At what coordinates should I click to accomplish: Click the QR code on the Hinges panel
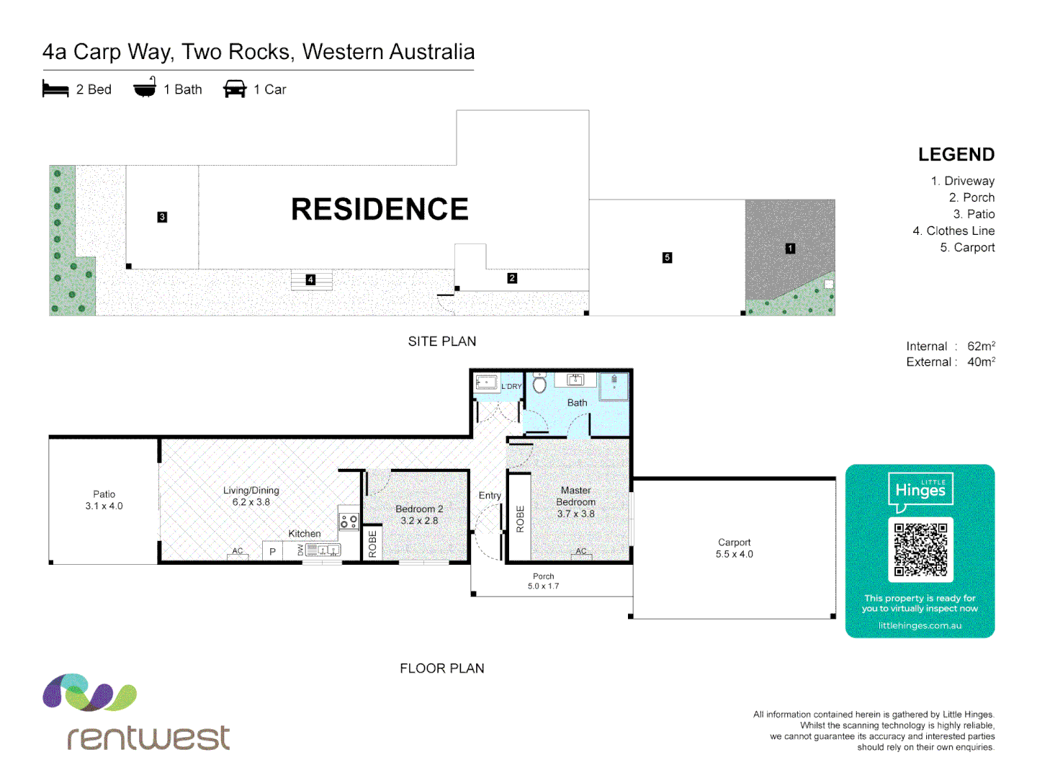click(x=920, y=550)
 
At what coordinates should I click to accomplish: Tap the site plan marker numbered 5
click(x=667, y=257)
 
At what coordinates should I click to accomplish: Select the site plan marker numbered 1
click(x=790, y=249)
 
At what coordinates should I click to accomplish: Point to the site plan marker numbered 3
click(x=162, y=217)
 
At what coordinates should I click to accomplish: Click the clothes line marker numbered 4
click(x=310, y=280)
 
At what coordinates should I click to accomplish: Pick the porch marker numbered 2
click(x=512, y=278)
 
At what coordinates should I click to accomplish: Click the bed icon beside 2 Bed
click(x=55, y=89)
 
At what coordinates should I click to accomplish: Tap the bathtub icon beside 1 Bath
click(x=145, y=88)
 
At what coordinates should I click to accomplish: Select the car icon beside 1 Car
click(x=235, y=89)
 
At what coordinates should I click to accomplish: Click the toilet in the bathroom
click(x=539, y=383)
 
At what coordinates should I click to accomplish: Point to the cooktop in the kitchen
click(x=349, y=522)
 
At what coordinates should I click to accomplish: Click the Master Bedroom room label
click(x=576, y=496)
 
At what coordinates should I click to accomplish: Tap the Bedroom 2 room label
click(x=419, y=509)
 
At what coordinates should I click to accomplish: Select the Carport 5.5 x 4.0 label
click(x=734, y=548)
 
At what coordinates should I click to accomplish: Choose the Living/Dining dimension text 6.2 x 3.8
click(x=251, y=502)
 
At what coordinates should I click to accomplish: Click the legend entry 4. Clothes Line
click(x=953, y=231)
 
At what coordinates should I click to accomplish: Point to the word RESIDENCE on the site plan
click(x=380, y=210)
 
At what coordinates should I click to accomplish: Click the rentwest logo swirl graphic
click(x=89, y=692)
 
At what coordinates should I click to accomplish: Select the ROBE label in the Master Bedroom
click(x=520, y=519)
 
